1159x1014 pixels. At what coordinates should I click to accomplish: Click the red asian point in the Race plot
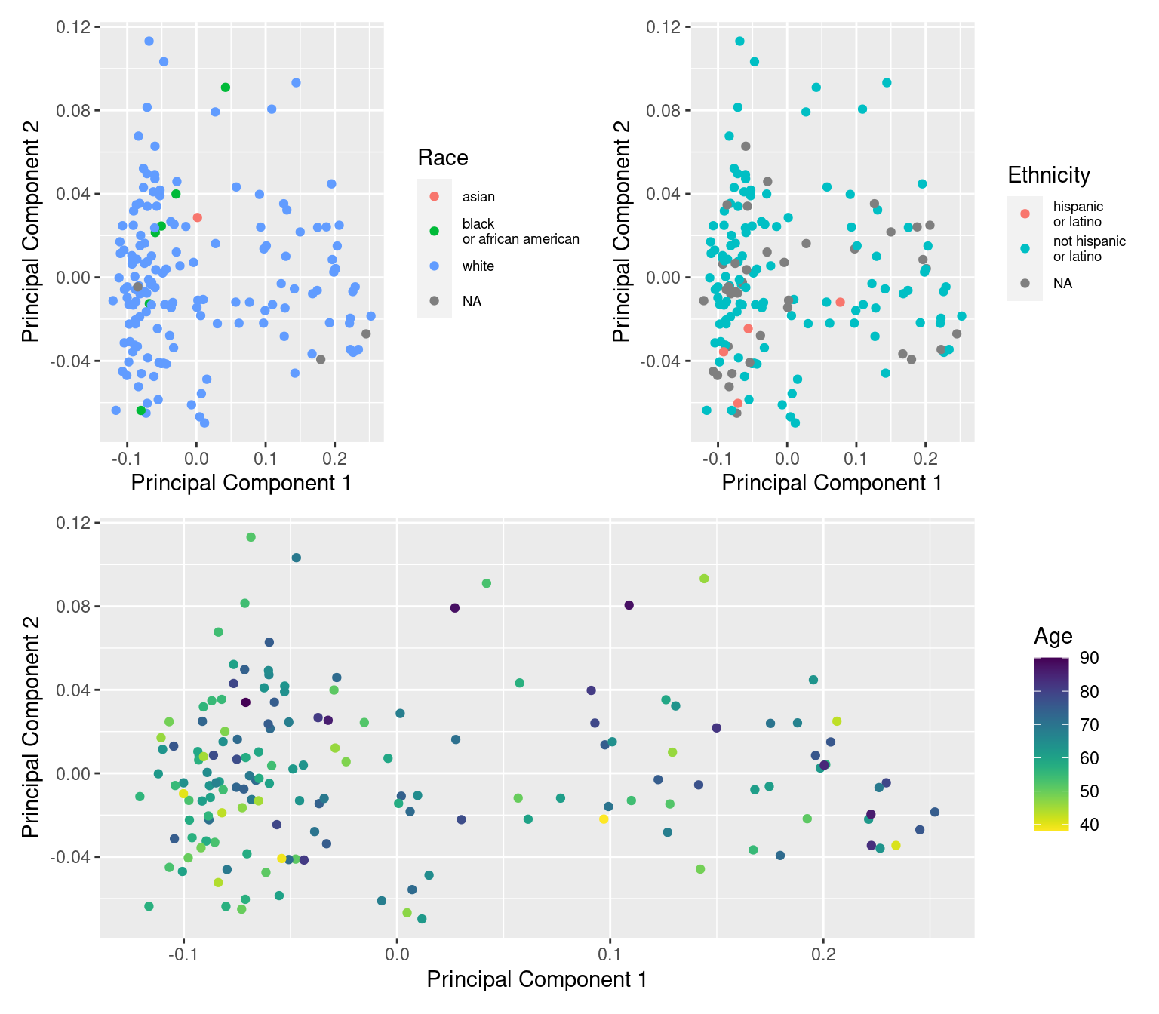(197, 217)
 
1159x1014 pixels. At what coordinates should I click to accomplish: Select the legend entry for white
(478, 266)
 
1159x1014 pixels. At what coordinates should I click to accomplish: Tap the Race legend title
(443, 158)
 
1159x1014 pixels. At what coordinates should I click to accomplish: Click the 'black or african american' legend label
(520, 232)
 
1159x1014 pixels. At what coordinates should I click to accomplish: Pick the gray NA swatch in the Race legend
(434, 301)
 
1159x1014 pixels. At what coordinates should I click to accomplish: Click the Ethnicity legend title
(1049, 175)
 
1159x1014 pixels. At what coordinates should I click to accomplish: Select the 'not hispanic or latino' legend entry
(1089, 249)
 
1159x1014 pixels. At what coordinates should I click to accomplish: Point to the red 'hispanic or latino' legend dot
(1025, 214)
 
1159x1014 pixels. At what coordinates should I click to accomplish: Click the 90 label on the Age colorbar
(1089, 658)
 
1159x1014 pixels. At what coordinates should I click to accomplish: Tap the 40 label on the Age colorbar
(1089, 825)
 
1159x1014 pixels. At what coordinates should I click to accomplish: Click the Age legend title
(1053, 636)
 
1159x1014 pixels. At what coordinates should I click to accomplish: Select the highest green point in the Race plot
(225, 88)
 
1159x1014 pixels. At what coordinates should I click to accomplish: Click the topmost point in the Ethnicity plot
(739, 41)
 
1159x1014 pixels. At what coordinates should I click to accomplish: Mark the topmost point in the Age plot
(251, 537)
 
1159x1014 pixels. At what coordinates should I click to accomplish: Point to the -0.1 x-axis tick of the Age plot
(183, 954)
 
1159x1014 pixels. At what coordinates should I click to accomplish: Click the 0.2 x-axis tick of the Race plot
(334, 458)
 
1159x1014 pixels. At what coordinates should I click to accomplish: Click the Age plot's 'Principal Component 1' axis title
(536, 979)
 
